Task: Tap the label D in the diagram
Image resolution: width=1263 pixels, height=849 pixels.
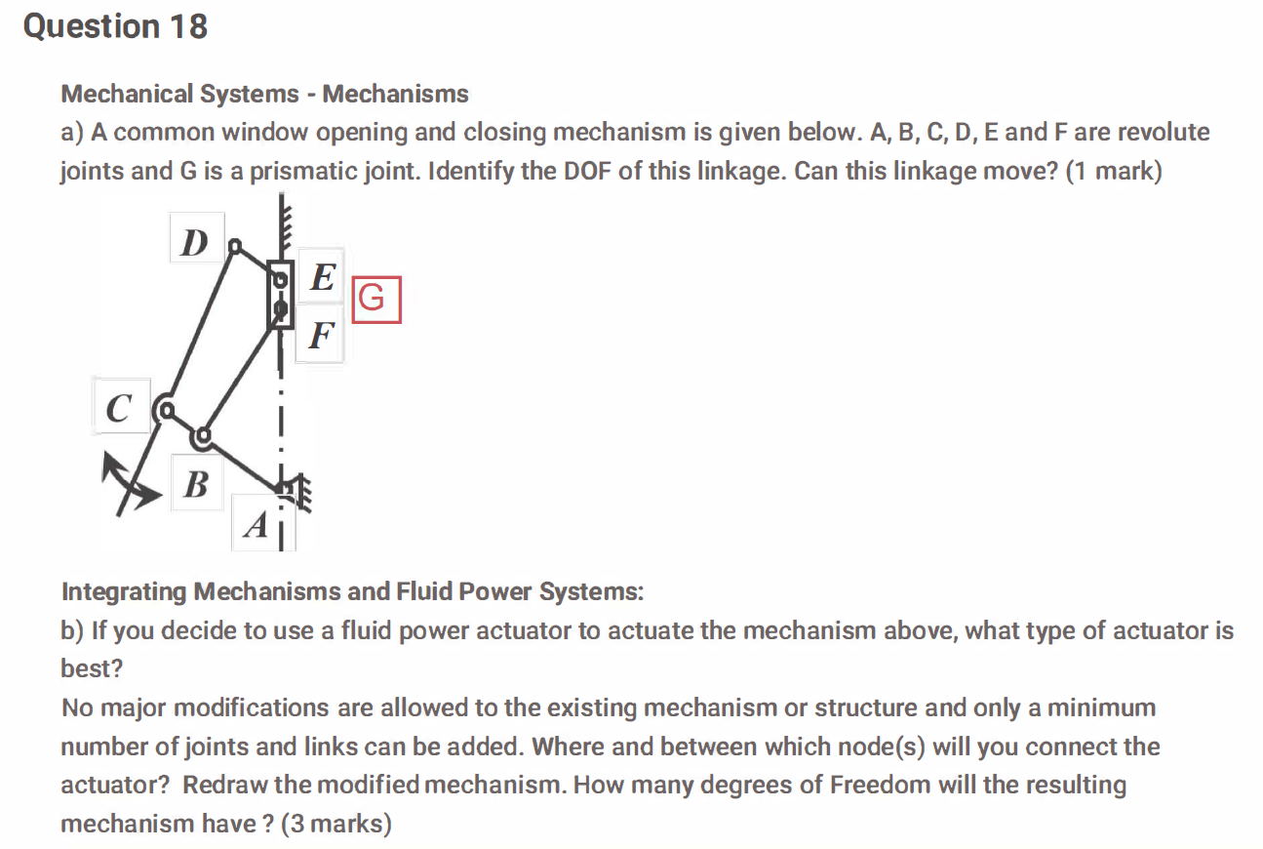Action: click(195, 241)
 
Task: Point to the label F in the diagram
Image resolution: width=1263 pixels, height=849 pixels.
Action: click(321, 336)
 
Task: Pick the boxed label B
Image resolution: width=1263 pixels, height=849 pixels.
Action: click(195, 482)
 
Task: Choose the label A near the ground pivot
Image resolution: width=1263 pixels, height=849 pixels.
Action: click(255, 525)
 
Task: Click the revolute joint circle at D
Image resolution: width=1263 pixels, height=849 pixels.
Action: click(233, 248)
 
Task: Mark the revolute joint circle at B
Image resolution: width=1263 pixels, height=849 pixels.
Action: click(202, 435)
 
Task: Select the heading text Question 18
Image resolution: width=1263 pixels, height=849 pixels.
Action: click(115, 26)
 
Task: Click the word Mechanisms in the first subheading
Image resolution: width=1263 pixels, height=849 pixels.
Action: click(395, 94)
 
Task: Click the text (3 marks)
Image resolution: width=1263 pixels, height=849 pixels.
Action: click(335, 824)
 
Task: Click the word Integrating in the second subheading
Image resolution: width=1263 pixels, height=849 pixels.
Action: click(124, 591)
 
